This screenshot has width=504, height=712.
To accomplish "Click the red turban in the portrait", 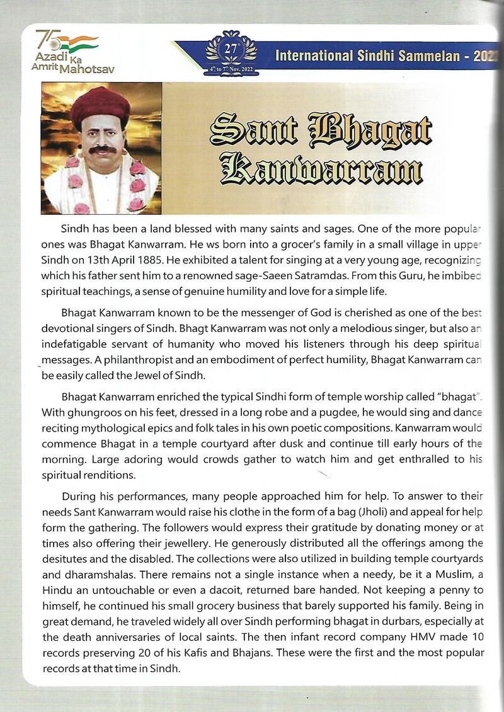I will [100, 106].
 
